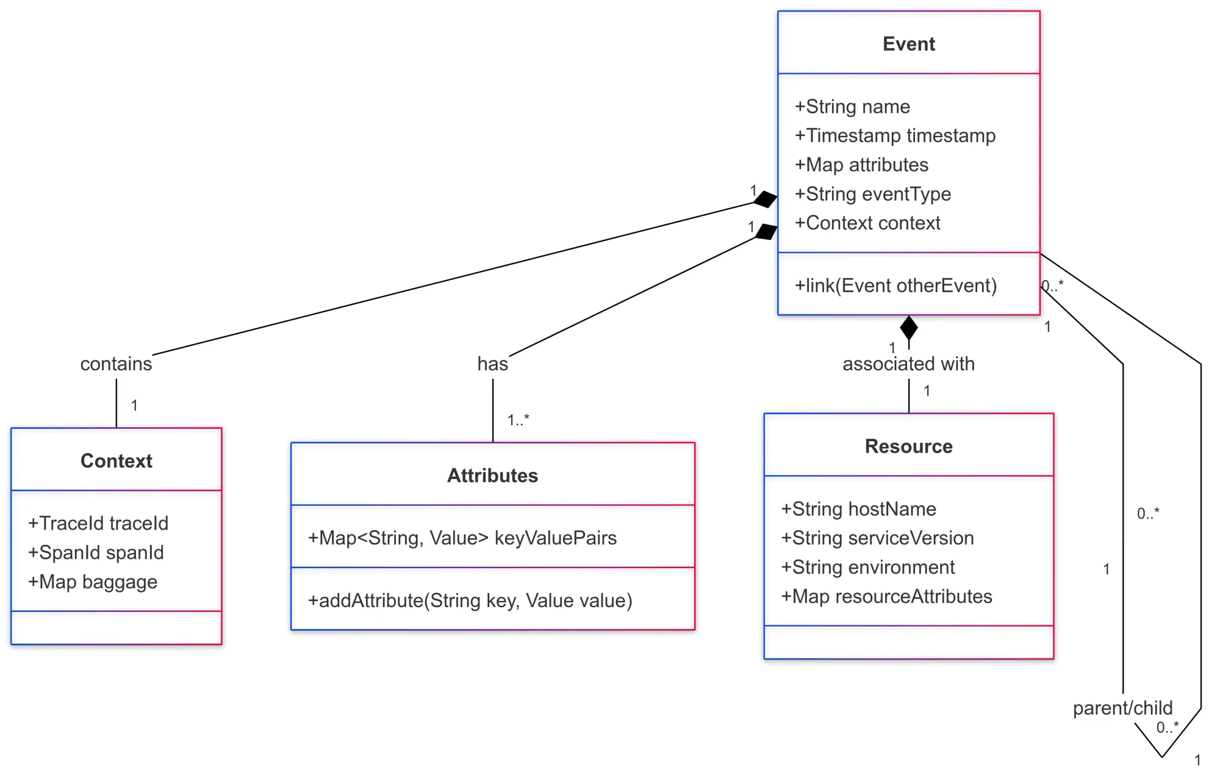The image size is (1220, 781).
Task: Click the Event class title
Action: coord(908,44)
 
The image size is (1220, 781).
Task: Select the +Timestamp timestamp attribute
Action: coord(895,135)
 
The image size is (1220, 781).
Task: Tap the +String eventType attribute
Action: coord(872,194)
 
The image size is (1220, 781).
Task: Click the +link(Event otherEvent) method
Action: coord(895,286)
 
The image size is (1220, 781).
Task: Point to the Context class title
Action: coord(116,461)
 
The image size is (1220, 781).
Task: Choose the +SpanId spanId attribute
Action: coord(96,553)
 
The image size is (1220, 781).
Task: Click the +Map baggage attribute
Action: coord(93,582)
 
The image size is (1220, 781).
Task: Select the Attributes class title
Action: coord(492,475)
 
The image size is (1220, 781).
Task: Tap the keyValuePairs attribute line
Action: coord(462,538)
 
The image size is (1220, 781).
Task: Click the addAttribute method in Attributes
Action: coord(470,601)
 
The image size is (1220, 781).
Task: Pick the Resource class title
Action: coord(908,446)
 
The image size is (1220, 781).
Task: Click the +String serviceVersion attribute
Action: coord(877,538)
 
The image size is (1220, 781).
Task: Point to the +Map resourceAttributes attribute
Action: coord(886,597)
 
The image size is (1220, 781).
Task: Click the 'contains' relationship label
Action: coord(116,364)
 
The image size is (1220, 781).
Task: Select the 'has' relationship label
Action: coord(492,364)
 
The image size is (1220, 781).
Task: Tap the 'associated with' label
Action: coord(908,364)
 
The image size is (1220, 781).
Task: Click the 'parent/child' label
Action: coord(1122,708)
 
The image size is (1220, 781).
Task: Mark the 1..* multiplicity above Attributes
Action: coord(518,420)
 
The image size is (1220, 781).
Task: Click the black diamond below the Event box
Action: coord(909,328)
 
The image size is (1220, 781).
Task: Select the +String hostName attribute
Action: coord(858,509)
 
